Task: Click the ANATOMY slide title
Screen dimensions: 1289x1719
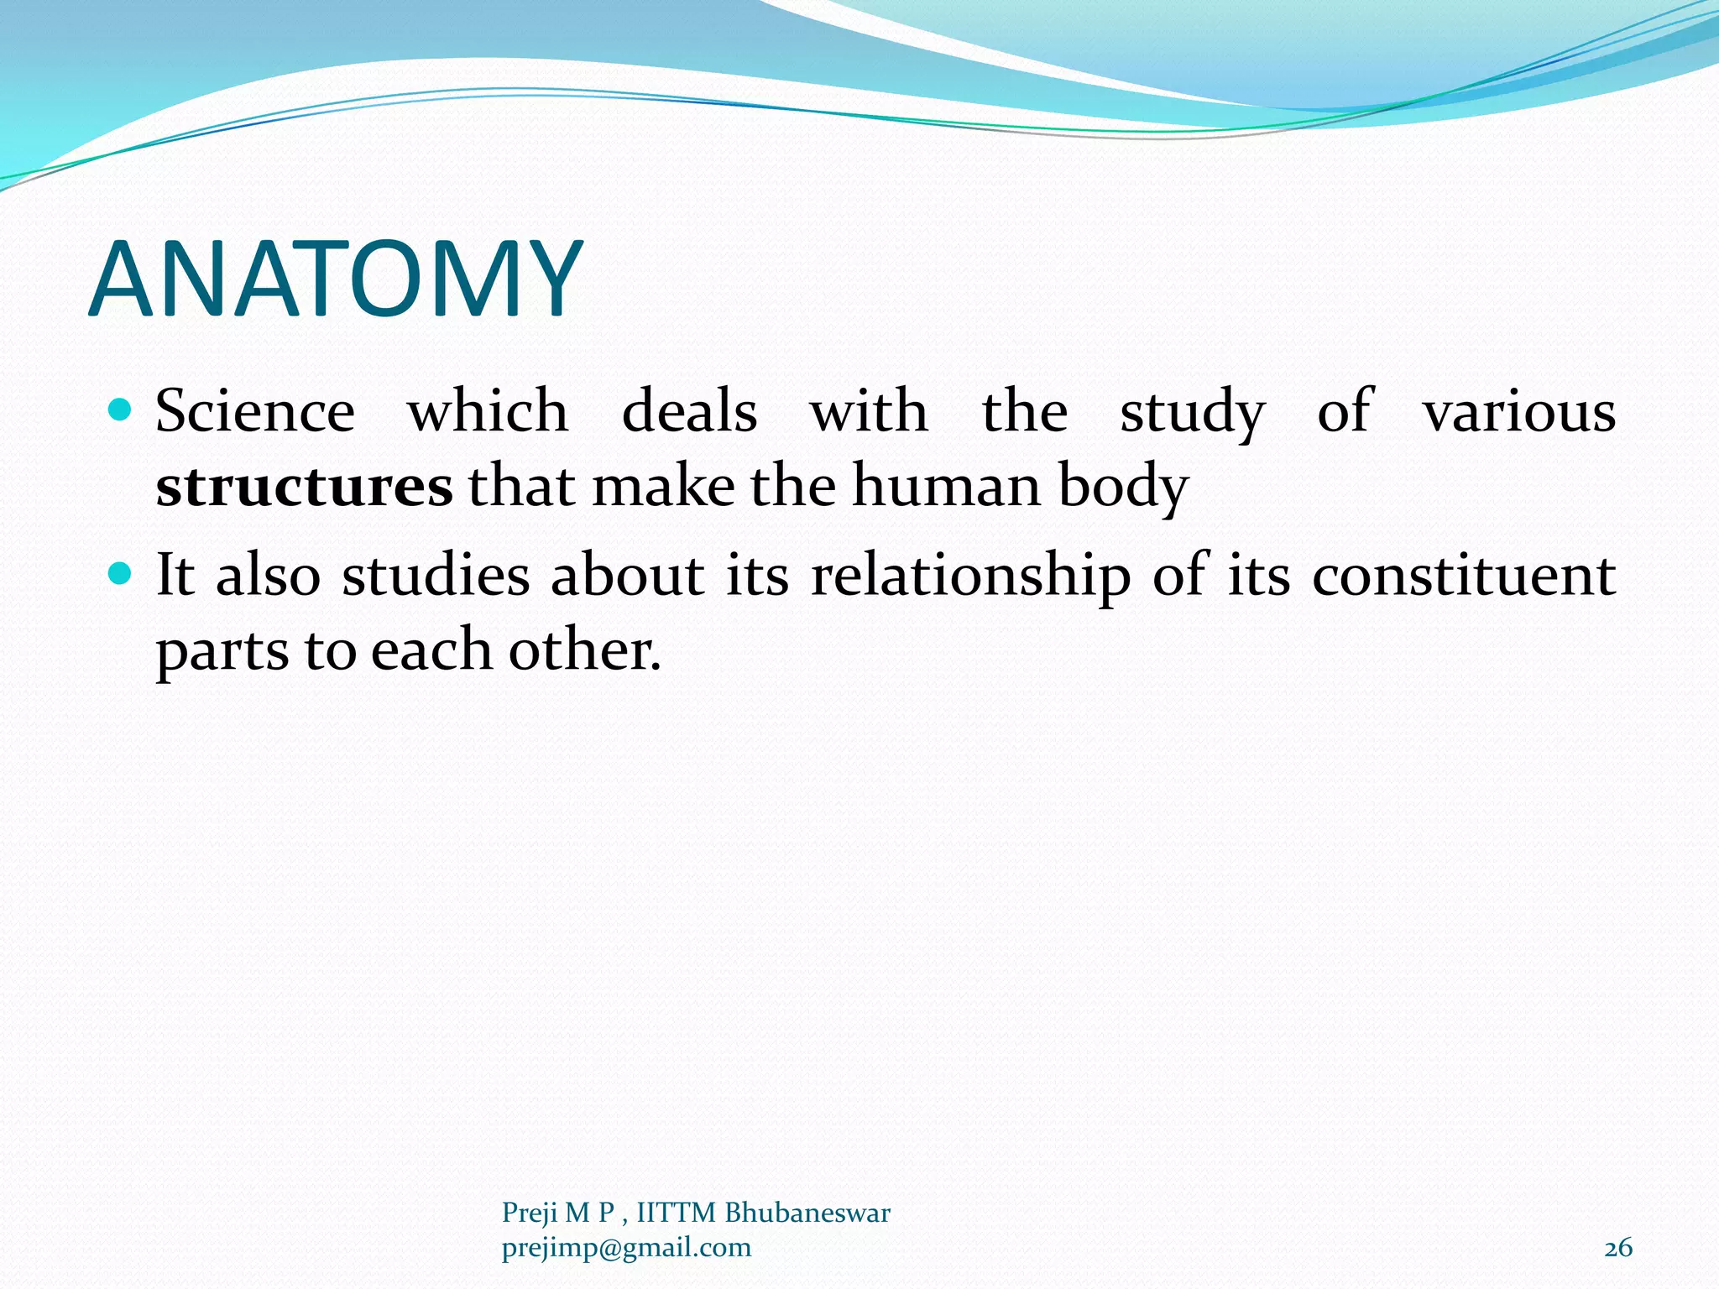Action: point(336,279)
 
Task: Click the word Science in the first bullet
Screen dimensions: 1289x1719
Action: point(255,412)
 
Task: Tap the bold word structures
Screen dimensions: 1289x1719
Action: point(304,487)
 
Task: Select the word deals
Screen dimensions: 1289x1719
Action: point(689,412)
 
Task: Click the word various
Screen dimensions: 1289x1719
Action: point(1519,412)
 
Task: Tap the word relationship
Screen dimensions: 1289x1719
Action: point(970,577)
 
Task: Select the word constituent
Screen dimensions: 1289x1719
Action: point(1464,577)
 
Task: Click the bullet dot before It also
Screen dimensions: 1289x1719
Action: point(122,574)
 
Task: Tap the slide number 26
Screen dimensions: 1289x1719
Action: point(1618,1248)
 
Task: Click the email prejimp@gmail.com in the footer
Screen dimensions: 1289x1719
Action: point(626,1248)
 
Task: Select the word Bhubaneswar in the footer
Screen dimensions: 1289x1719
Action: point(807,1213)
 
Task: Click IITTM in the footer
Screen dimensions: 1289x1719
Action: point(677,1213)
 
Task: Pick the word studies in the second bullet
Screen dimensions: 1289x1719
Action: point(436,577)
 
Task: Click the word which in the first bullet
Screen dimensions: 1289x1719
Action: point(488,412)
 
